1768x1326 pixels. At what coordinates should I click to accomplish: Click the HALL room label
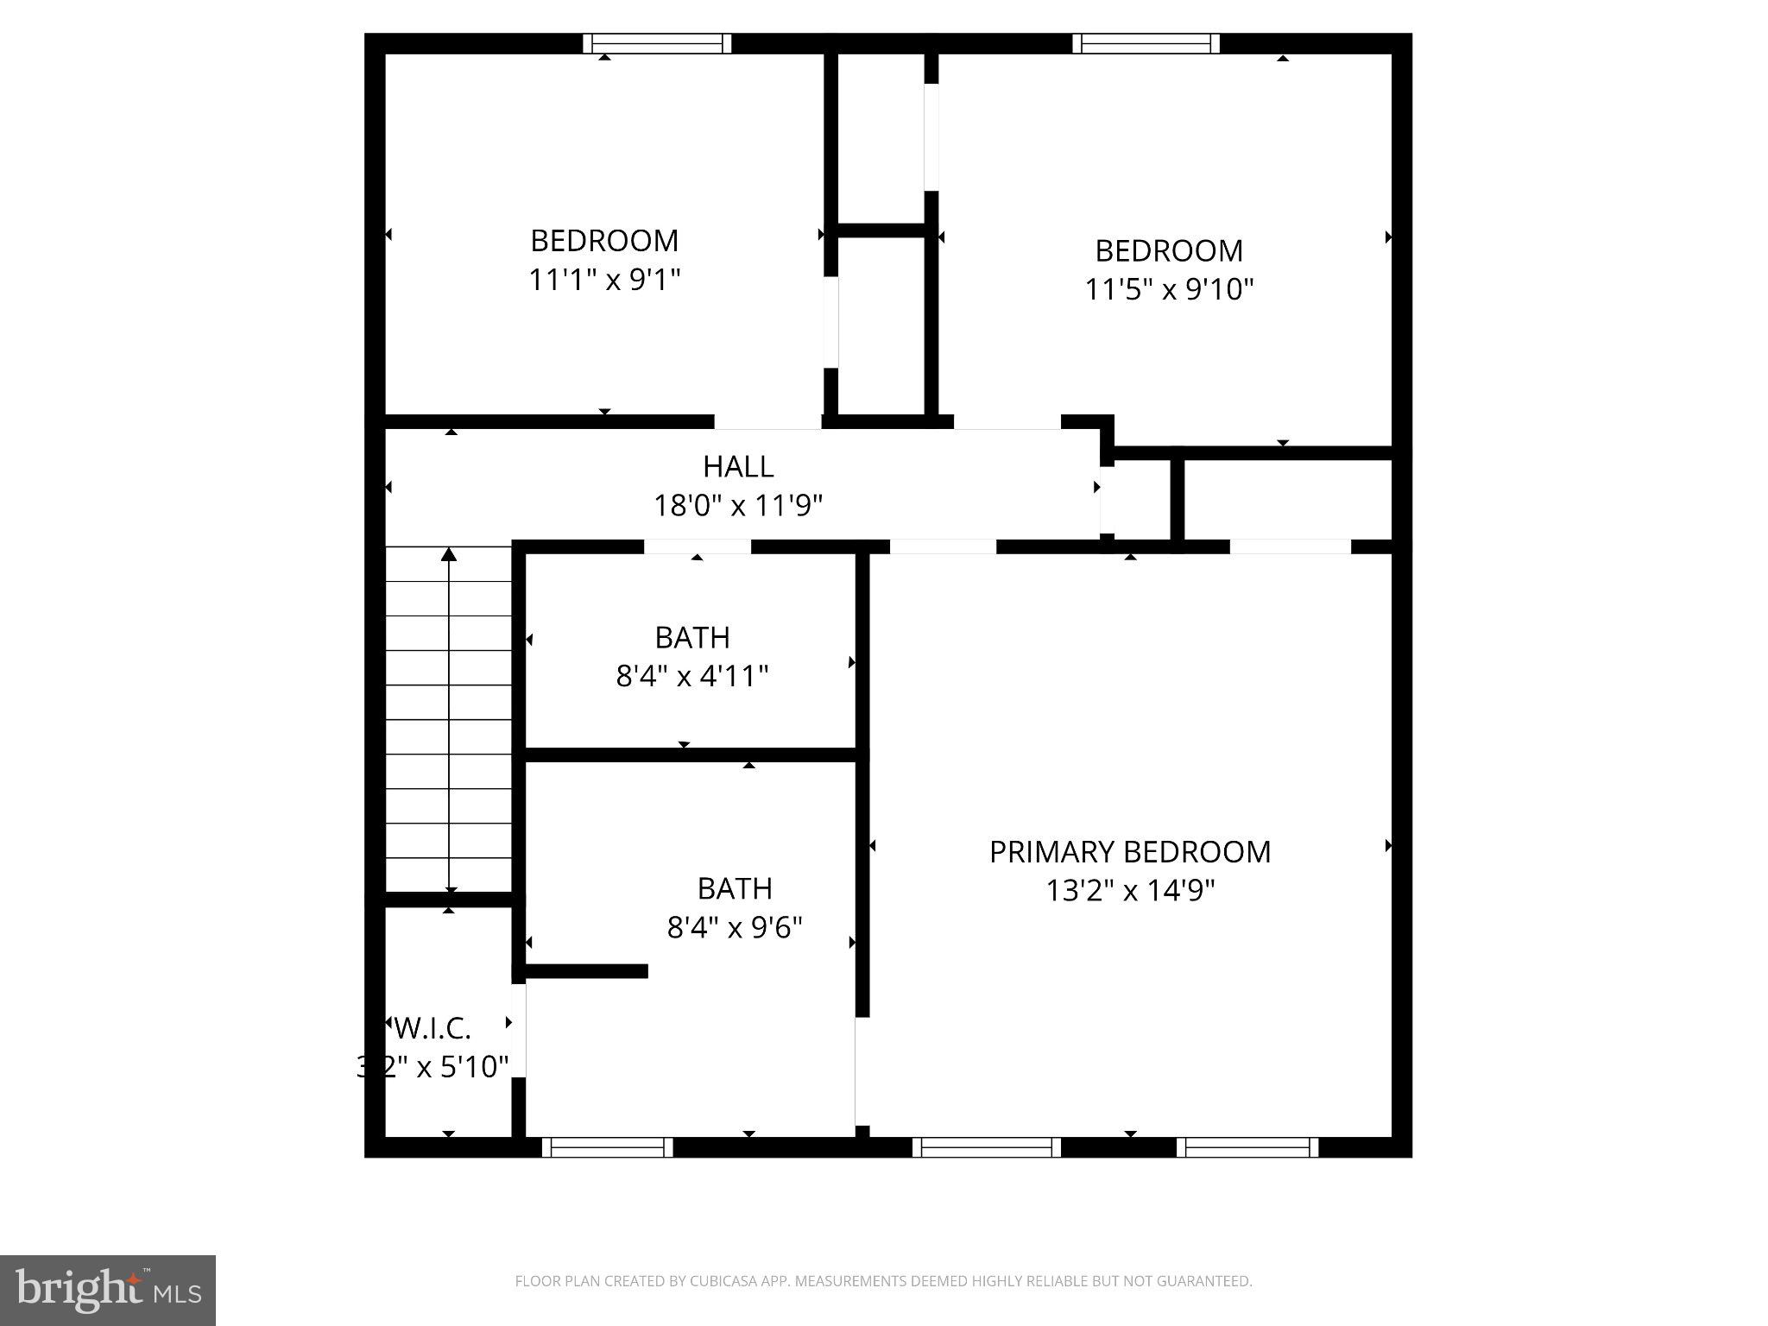738,467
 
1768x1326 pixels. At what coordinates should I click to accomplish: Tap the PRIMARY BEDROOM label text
1129,852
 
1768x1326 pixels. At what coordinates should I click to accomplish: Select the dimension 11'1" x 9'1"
604,280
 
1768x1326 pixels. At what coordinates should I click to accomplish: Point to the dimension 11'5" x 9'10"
1168,288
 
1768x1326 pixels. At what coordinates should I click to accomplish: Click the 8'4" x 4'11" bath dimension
691,675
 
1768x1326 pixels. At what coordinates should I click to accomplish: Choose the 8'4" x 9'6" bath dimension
735,927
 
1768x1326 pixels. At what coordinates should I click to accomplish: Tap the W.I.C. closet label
433,1028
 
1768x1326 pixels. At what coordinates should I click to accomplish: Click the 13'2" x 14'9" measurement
1130,890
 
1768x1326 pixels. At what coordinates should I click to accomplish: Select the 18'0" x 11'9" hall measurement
738,505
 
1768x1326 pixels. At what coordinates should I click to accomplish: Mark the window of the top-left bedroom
657,44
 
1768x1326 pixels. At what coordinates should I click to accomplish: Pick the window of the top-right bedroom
1146,44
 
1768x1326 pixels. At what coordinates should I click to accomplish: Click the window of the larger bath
607,1147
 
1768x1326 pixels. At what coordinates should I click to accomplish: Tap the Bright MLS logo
108,1290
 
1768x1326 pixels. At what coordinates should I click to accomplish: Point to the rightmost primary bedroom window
1247,1147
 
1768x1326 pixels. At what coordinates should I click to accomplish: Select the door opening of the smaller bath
698,546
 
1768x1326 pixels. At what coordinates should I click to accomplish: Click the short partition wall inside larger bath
586,971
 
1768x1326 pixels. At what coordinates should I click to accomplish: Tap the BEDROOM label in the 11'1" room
604,240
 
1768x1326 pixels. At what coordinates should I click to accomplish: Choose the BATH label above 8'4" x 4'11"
692,637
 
